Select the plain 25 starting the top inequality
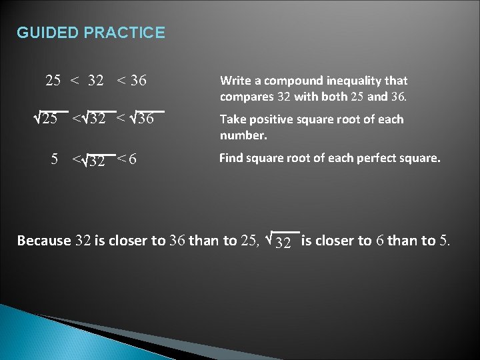(x=53, y=81)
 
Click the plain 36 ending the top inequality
(x=139, y=81)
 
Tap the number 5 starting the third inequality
(x=55, y=160)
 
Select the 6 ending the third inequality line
(x=134, y=160)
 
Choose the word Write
(x=235, y=81)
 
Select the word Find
(x=233, y=159)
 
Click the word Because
(x=43, y=241)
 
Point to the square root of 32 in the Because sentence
(x=281, y=241)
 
